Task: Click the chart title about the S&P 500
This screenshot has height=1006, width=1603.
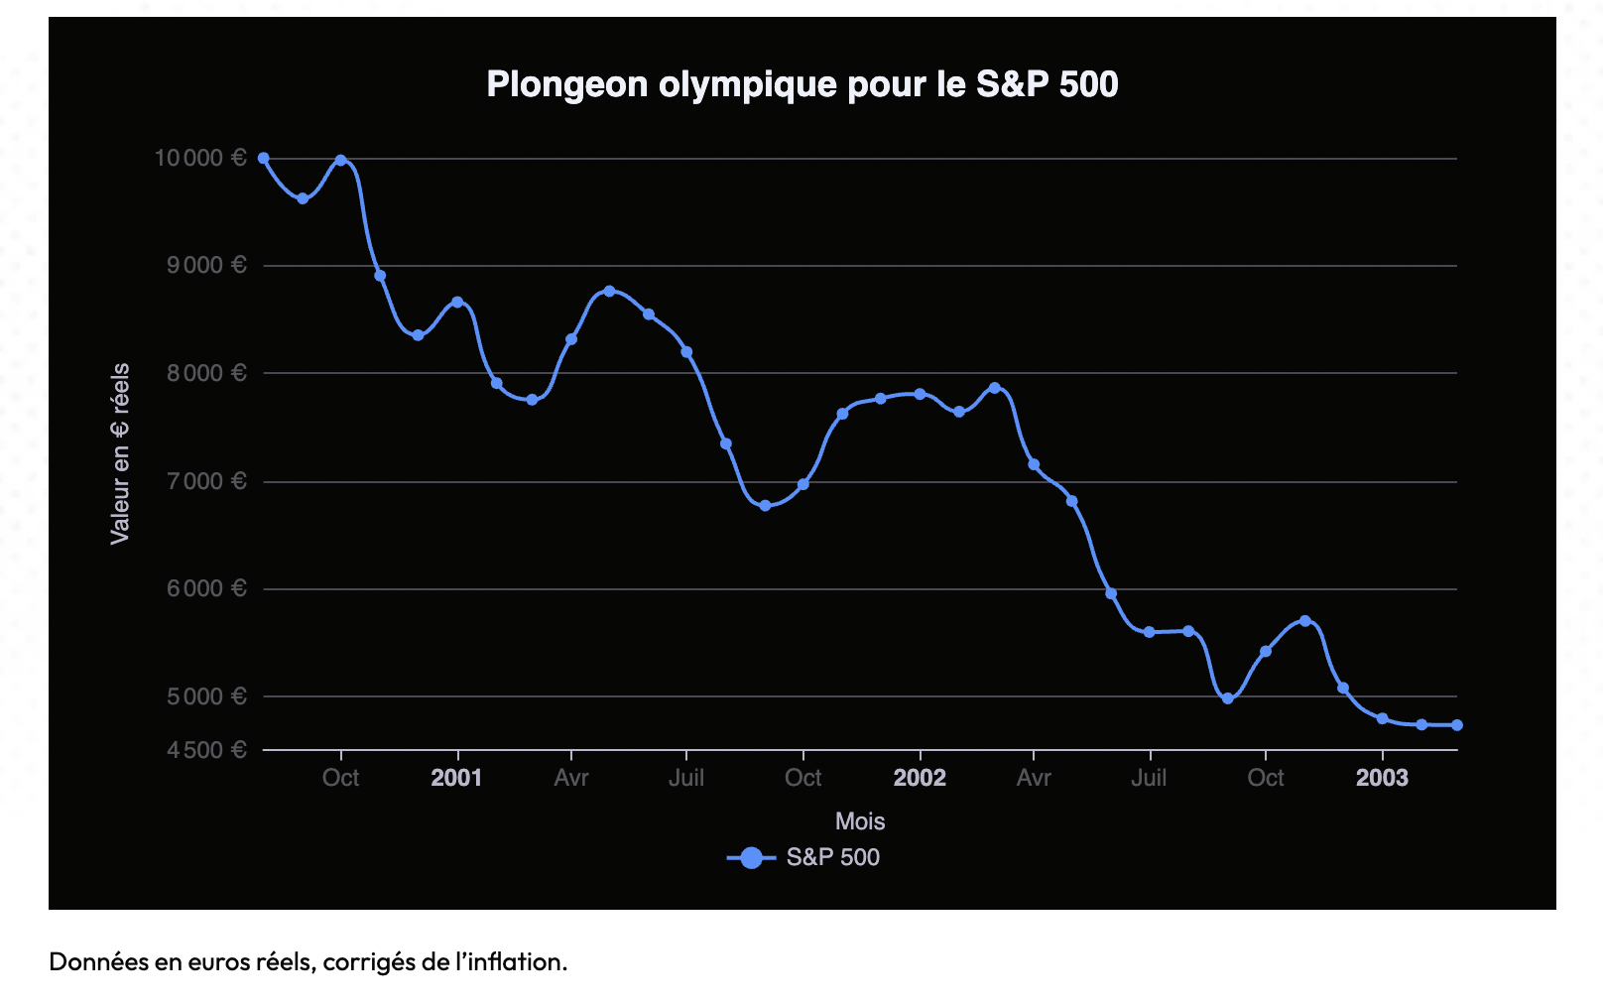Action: [801, 84]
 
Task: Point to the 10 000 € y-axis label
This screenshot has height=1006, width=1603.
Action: [199, 158]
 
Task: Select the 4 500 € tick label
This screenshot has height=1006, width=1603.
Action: [206, 750]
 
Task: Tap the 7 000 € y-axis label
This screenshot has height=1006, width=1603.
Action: [206, 481]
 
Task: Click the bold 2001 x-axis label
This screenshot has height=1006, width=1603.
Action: [456, 778]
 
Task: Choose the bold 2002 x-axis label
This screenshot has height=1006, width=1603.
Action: [920, 778]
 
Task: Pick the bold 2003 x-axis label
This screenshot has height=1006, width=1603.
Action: [1382, 778]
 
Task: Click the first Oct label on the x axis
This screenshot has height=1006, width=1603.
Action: [340, 778]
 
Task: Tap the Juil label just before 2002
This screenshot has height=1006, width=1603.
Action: [686, 778]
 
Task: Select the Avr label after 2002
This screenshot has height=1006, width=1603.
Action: [1034, 778]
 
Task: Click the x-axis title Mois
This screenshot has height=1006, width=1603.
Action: [860, 821]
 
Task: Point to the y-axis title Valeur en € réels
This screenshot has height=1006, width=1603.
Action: [120, 453]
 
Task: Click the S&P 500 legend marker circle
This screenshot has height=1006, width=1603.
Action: [752, 858]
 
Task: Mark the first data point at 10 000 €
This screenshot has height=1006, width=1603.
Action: [264, 158]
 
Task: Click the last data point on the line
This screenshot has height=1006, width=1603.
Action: [1457, 725]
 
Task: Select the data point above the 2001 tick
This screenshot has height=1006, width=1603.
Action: [457, 302]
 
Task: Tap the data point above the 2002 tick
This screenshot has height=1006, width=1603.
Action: [921, 394]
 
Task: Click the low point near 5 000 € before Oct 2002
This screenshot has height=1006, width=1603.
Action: [1228, 698]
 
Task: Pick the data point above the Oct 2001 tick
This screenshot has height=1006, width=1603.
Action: [803, 484]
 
